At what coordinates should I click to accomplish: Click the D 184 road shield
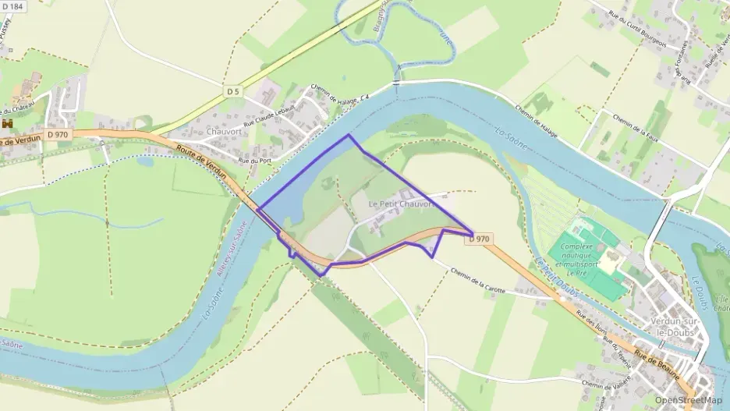pos(14,6)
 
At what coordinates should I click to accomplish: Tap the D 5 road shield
pos(232,92)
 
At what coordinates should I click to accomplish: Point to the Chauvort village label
pos(225,132)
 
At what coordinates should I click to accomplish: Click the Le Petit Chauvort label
pos(401,204)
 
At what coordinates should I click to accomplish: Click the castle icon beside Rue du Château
pos(8,124)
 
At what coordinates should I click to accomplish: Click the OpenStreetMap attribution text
pos(688,401)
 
